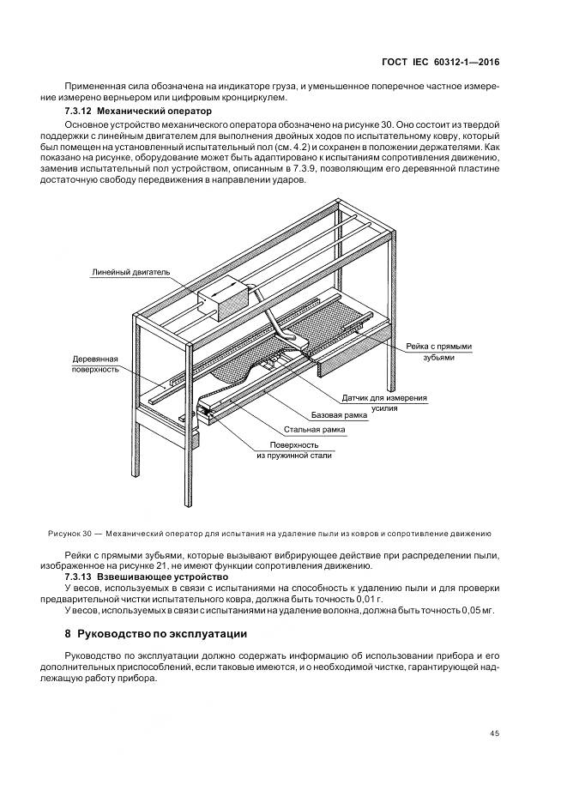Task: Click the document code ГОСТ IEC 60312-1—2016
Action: [x=441, y=63]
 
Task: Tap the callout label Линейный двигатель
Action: [x=130, y=273]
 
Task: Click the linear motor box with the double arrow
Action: [x=223, y=299]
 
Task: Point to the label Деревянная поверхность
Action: [x=95, y=364]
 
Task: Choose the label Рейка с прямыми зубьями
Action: [x=439, y=352]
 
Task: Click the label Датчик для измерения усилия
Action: [x=384, y=402]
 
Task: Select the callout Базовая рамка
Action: [x=339, y=415]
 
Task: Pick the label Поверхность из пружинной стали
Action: [x=294, y=450]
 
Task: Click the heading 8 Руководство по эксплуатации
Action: [x=156, y=634]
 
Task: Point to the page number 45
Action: [x=494, y=734]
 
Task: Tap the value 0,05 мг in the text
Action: [x=478, y=611]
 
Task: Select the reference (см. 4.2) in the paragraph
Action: [x=287, y=147]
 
